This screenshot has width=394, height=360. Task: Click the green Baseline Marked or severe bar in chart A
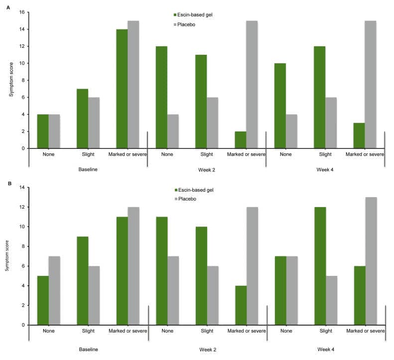[122, 89]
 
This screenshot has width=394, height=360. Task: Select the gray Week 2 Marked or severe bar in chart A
[252, 85]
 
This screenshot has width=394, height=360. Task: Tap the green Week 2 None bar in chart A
[161, 97]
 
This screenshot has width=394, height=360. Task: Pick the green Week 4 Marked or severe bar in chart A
[359, 135]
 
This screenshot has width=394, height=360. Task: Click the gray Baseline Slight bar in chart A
[94, 123]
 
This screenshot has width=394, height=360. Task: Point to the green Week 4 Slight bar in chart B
[320, 266]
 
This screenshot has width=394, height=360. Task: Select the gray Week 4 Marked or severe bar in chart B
[371, 261]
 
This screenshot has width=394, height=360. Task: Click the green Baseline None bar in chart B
[43, 300]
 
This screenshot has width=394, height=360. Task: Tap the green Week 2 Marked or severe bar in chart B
[241, 305]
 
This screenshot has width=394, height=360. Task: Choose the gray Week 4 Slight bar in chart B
[332, 300]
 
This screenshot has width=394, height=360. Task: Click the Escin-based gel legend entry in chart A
[193, 15]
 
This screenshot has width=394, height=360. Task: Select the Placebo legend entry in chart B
[185, 199]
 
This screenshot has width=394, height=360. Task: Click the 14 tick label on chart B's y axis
[22, 187]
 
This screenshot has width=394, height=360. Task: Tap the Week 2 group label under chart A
[207, 170]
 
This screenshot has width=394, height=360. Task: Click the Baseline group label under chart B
[88, 349]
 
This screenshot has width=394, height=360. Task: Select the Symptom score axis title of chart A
[11, 79]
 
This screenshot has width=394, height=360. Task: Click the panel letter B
[9, 183]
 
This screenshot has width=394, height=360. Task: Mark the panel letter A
[8, 8]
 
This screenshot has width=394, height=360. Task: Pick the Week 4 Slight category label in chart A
[325, 154]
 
